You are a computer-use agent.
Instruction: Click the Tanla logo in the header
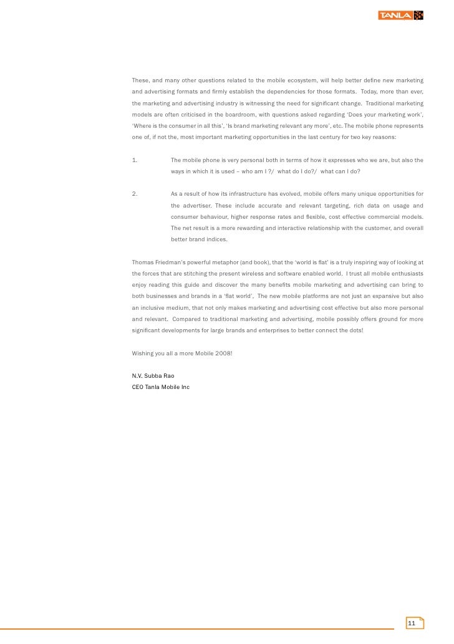tap(400, 15)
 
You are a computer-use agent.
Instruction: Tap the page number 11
tap(411, 623)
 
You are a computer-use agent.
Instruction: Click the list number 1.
tap(135, 160)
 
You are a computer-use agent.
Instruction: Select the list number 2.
tap(135, 194)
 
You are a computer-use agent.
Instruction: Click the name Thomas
tap(143, 262)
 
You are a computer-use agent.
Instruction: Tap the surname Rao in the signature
tap(168, 376)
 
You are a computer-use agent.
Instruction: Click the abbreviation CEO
tap(138, 387)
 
